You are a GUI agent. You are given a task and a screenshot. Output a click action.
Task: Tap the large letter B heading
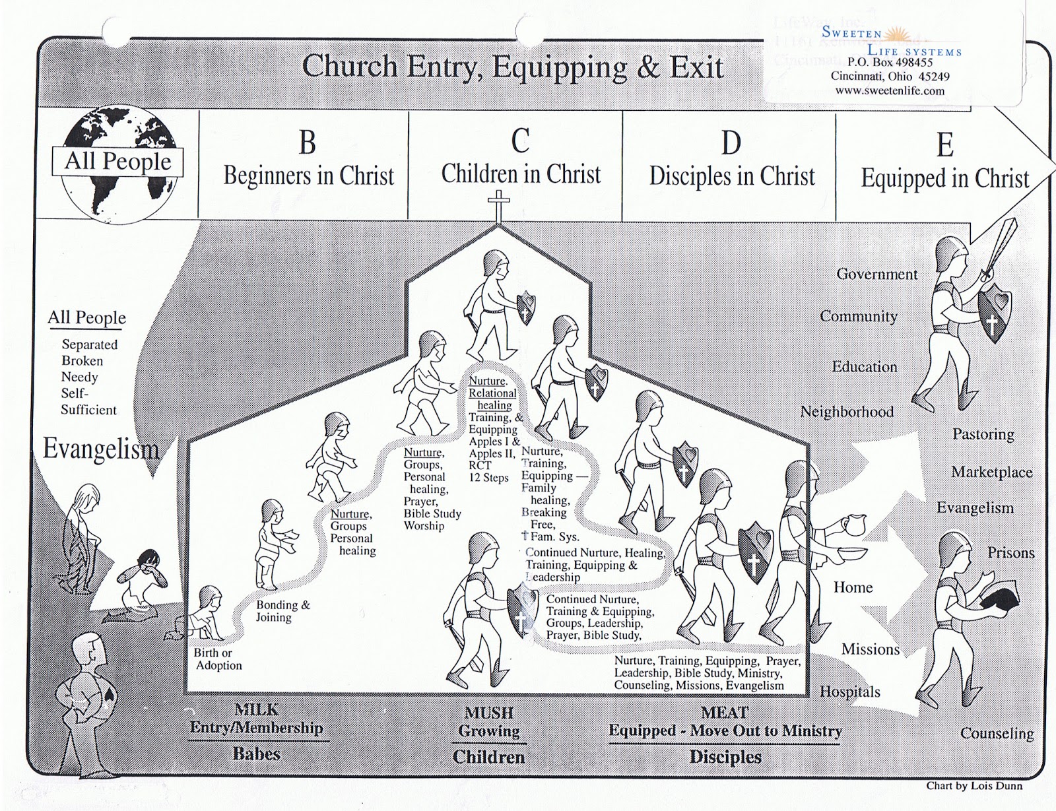(308, 143)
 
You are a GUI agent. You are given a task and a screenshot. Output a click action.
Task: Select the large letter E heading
(945, 145)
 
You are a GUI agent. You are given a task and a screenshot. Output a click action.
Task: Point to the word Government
(876, 274)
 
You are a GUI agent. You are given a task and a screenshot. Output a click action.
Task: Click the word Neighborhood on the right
(847, 412)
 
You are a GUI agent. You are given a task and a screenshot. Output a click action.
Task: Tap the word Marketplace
(991, 472)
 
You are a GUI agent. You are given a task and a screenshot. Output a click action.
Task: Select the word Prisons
(1010, 553)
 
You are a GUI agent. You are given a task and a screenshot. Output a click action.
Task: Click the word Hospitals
(850, 692)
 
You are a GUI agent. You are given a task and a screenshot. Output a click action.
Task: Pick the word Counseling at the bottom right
(997, 733)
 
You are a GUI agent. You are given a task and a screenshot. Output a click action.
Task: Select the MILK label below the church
(256, 710)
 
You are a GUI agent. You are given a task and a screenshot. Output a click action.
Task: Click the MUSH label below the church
(488, 713)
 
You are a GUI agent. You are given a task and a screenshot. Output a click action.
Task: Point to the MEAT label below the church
(724, 713)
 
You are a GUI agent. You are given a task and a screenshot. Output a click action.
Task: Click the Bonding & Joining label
(282, 611)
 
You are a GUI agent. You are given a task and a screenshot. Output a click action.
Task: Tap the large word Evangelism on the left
(101, 449)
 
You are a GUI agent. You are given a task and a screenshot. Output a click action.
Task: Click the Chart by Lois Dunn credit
(973, 785)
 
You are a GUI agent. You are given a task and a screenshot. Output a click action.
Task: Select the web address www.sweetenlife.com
(890, 91)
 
